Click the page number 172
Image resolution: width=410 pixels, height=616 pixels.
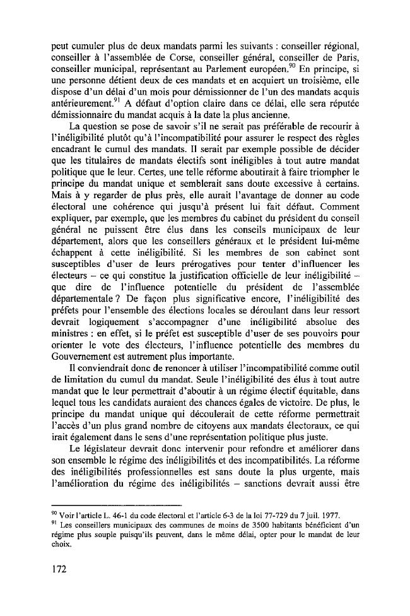coord(61,568)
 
